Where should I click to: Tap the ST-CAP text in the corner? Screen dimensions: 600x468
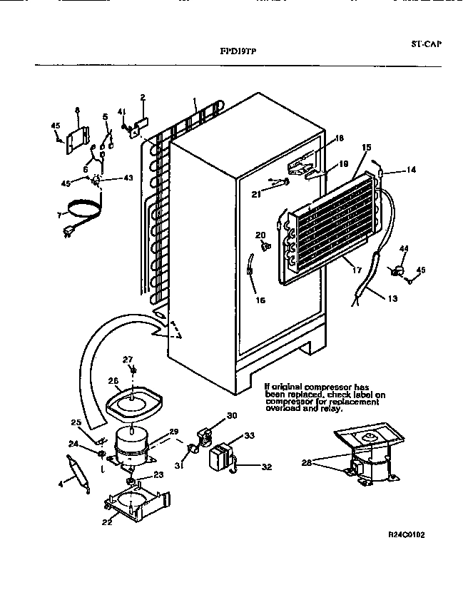tap(426, 44)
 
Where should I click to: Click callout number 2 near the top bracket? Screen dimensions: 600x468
tap(142, 97)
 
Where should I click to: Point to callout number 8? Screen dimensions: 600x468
tap(77, 110)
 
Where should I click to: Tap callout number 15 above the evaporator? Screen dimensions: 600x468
tap(367, 148)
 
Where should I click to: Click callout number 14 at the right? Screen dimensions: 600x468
tap(410, 170)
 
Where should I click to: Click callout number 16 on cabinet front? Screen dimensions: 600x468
tap(260, 300)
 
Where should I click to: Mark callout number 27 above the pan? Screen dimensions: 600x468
tap(128, 359)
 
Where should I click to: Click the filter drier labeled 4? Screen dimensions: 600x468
tap(76, 476)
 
